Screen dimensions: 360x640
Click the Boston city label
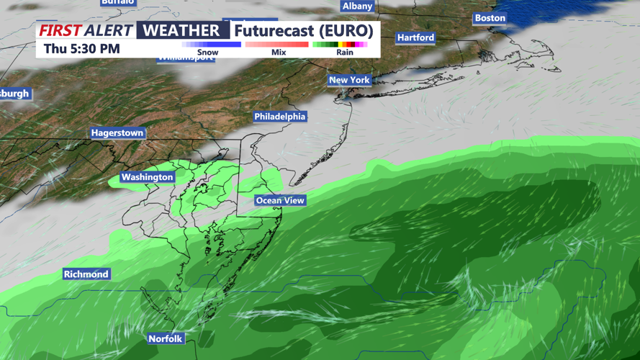pyautogui.click(x=490, y=18)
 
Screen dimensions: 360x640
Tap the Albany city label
pyautogui.click(x=357, y=6)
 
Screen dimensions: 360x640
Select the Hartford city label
pyautogui.click(x=415, y=37)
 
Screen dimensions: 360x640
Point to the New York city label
pyautogui.click(x=349, y=80)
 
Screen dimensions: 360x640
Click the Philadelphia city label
pyautogui.click(x=279, y=117)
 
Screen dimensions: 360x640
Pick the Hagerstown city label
pyautogui.click(x=117, y=133)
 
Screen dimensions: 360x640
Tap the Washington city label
pyautogui.click(x=147, y=177)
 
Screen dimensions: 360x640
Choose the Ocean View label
pyautogui.click(x=280, y=200)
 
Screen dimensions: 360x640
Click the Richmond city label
pyautogui.click(x=86, y=274)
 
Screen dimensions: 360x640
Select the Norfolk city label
pyautogui.click(x=166, y=338)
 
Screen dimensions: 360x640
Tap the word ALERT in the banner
pyautogui.click(x=109, y=30)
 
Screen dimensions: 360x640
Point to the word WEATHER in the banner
pyautogui.click(x=181, y=30)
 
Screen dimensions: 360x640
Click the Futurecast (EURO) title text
pyautogui.click(x=303, y=31)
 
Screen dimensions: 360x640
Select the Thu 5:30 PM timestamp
pyautogui.click(x=81, y=49)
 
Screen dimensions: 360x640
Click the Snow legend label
pyautogui.click(x=207, y=53)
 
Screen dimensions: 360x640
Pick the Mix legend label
pyautogui.click(x=279, y=53)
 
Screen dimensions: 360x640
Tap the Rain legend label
pyautogui.click(x=345, y=53)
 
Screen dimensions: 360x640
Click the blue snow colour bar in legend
pyautogui.click(x=211, y=45)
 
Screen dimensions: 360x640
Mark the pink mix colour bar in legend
pyautogui.click(x=277, y=45)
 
